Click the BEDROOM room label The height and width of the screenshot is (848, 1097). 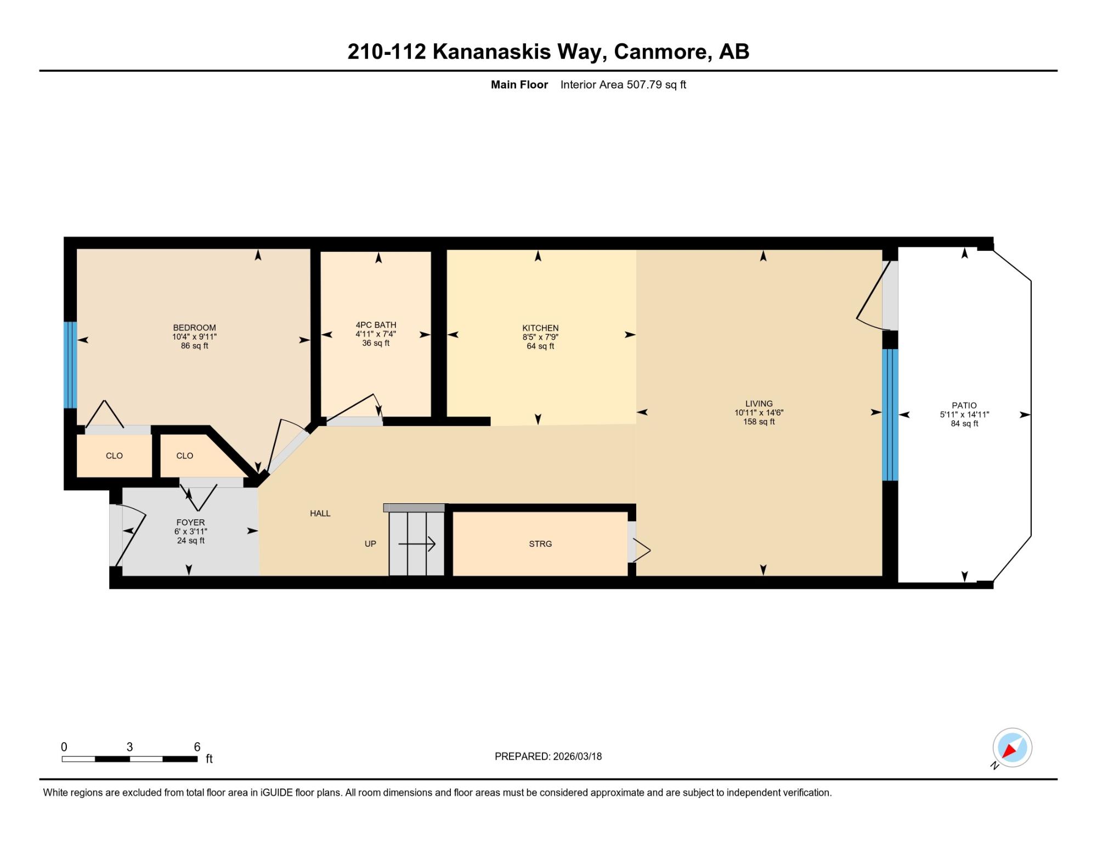tap(194, 328)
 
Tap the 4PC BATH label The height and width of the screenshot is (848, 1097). tap(376, 325)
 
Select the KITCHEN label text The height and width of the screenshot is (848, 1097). tap(540, 328)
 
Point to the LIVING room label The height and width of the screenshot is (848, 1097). tap(759, 403)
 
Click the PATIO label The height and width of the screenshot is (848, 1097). tap(964, 406)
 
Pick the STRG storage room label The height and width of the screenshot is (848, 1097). tap(540, 544)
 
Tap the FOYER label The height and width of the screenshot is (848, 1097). tap(190, 523)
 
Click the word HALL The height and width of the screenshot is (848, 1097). tap(320, 513)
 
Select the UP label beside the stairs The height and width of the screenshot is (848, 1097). tap(370, 544)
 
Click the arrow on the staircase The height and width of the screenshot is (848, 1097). tap(417, 544)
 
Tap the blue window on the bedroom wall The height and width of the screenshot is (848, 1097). tap(70, 365)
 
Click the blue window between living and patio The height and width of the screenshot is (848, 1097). tap(890, 415)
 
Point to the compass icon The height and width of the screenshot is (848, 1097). tap(1012, 748)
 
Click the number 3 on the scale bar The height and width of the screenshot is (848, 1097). tap(129, 747)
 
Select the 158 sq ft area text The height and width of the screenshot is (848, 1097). tap(759, 422)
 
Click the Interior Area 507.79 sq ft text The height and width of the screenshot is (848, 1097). tap(623, 85)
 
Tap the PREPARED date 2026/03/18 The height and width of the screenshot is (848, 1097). tap(578, 756)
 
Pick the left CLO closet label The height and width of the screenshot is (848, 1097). tap(114, 456)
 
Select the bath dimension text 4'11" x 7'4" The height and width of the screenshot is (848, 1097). tap(376, 334)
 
